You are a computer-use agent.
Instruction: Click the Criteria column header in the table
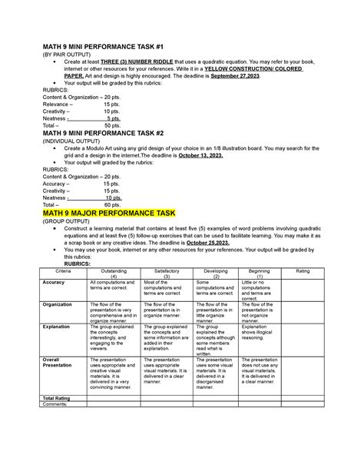(65, 271)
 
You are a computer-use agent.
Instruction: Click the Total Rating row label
(59, 398)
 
